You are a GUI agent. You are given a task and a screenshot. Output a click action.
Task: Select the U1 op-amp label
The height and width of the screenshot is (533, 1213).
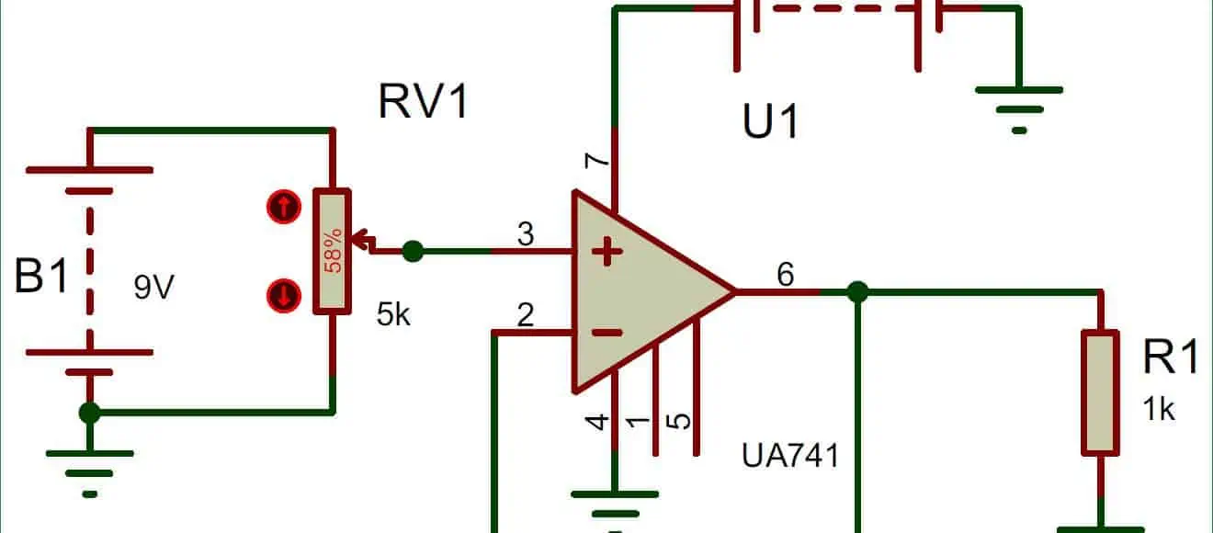pyautogui.click(x=770, y=121)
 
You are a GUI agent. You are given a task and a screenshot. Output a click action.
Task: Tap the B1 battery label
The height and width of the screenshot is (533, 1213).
pyautogui.click(x=42, y=275)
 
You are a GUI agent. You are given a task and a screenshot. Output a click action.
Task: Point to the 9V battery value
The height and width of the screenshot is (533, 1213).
pyautogui.click(x=153, y=289)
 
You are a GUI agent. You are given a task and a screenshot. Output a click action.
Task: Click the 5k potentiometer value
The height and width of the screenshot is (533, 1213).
pyautogui.click(x=393, y=314)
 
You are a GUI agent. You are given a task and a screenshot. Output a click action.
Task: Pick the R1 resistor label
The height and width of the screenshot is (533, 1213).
pyautogui.click(x=1170, y=357)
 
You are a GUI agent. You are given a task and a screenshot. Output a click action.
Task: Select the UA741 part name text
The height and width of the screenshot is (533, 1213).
pyautogui.click(x=790, y=455)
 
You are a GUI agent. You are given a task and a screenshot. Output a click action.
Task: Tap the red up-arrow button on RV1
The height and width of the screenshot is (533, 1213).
pyautogui.click(x=283, y=208)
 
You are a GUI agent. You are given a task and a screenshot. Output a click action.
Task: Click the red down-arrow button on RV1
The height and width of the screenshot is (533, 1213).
pyautogui.click(x=283, y=296)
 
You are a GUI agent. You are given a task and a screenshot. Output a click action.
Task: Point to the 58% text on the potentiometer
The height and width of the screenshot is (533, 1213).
pyautogui.click(x=333, y=251)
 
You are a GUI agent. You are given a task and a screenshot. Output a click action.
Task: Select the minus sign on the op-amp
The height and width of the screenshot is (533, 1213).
pyautogui.click(x=604, y=332)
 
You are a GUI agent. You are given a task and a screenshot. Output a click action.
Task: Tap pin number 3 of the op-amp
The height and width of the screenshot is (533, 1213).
pyautogui.click(x=526, y=234)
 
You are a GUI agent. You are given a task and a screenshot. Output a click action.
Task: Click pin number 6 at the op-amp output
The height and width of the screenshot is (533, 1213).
pyautogui.click(x=786, y=274)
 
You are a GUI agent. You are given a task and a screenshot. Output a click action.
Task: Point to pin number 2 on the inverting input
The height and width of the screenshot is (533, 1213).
pyautogui.click(x=526, y=315)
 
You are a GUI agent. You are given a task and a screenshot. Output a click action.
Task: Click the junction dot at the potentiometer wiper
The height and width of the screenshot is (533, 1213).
pyautogui.click(x=414, y=250)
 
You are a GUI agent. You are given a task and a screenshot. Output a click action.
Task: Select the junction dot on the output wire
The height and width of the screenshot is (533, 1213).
pyautogui.click(x=857, y=292)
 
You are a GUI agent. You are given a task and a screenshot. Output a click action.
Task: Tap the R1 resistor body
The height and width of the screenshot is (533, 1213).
pyautogui.click(x=1100, y=391)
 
